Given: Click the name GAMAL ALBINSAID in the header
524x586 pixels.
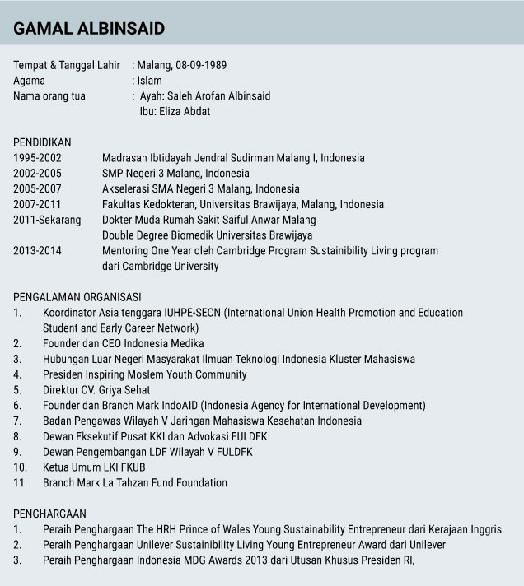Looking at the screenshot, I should [89, 29].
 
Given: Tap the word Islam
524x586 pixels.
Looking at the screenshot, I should [149, 81].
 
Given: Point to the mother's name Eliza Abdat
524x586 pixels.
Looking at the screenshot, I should [189, 111].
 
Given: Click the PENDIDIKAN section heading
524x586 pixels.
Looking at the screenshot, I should [42, 142].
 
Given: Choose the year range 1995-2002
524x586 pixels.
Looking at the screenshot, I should [37, 157].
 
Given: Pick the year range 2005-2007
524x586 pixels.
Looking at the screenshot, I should [37, 188].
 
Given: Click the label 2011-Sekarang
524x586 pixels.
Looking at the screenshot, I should [47, 220].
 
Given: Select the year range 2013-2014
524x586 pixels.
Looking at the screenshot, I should [37, 251].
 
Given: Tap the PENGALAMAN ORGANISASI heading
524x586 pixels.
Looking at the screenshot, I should [77, 297].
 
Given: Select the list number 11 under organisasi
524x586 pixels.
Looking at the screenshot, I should [20, 482].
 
